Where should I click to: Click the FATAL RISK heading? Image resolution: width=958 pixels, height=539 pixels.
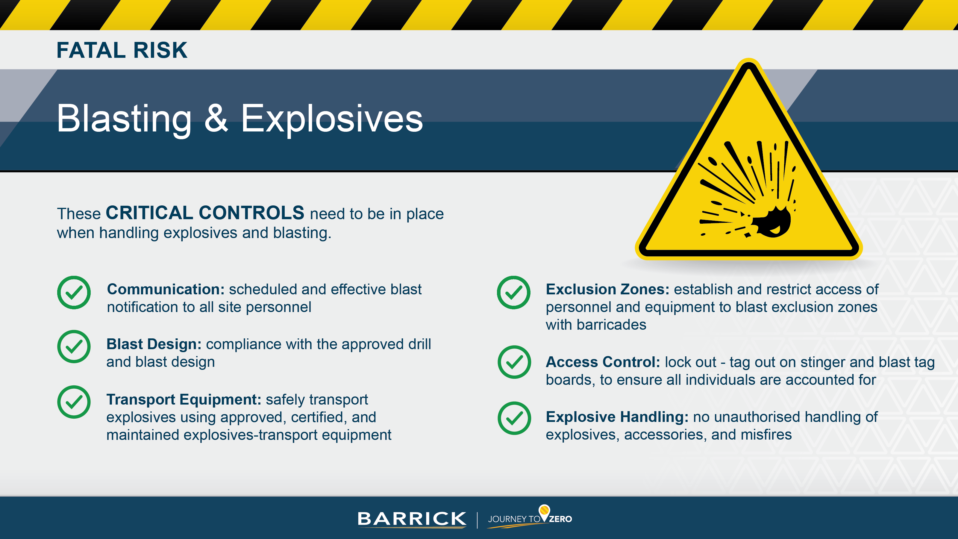(x=122, y=50)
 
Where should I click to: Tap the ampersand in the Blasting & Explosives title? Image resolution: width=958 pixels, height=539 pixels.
(x=216, y=118)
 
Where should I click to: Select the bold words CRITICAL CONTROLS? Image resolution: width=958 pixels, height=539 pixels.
(x=205, y=213)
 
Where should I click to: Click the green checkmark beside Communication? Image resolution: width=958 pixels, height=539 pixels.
(x=74, y=292)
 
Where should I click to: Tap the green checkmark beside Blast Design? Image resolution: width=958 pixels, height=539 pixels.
(x=74, y=347)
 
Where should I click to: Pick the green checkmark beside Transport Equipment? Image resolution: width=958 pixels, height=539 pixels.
(x=74, y=402)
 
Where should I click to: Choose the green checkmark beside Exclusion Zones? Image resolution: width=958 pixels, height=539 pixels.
(x=514, y=292)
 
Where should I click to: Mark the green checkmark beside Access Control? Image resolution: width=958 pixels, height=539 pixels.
(x=514, y=362)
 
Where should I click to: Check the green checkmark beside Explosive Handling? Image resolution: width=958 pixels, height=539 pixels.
(x=514, y=418)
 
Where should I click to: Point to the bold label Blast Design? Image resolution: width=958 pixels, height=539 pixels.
(x=154, y=344)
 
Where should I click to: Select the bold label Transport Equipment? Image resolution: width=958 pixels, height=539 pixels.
(x=184, y=399)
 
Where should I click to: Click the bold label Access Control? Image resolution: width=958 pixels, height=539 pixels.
(x=602, y=362)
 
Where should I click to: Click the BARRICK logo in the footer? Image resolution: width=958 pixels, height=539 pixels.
(x=411, y=519)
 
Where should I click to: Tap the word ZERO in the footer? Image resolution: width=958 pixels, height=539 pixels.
(x=560, y=519)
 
